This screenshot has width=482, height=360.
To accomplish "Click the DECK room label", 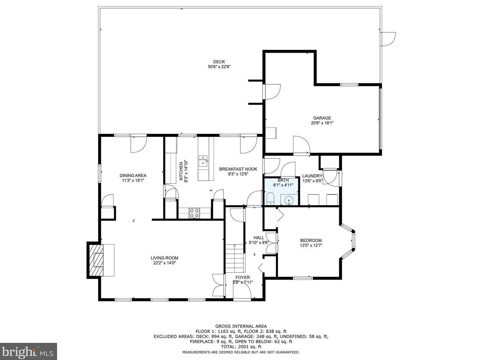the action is click(219, 62).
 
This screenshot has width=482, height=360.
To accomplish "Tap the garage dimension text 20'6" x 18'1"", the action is click(322, 123).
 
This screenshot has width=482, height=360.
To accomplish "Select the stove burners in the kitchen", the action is click(194, 213).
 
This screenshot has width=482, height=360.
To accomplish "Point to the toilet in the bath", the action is click(270, 198).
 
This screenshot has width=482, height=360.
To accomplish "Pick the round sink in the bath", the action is click(288, 200).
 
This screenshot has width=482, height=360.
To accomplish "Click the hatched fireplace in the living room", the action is click(96, 260).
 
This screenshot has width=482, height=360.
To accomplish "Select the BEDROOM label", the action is click(311, 240).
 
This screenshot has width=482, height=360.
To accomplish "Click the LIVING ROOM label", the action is click(165, 258).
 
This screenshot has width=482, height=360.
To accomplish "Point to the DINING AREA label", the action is click(133, 176).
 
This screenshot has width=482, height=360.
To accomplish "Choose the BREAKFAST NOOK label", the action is click(238, 169).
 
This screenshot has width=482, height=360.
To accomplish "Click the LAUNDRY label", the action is click(312, 176).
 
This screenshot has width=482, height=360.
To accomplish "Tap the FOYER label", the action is click(243, 278).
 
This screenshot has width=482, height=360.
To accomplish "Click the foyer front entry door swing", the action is click(242, 290).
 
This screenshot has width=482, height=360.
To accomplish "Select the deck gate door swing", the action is click(388, 39).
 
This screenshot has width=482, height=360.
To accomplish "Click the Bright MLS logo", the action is click(28, 352).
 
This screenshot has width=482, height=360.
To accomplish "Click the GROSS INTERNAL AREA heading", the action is click(241, 326).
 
